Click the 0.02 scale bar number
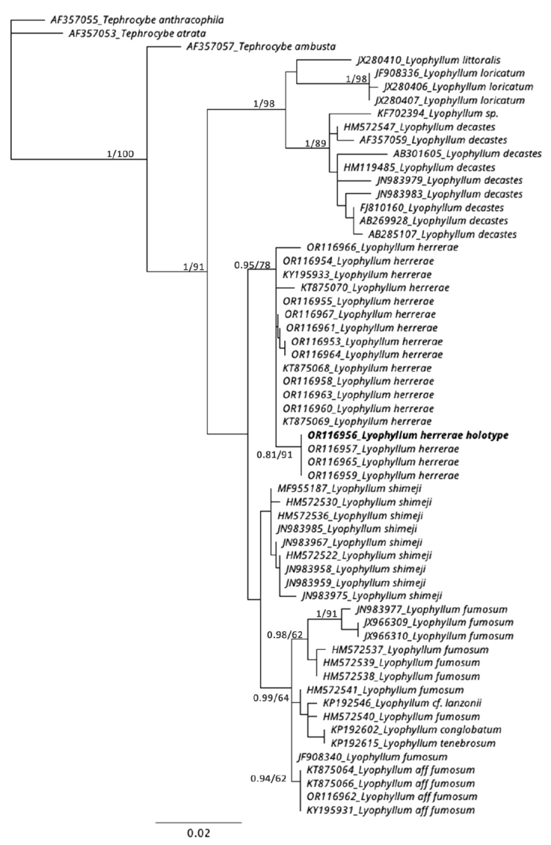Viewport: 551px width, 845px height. pyautogui.click(x=198, y=832)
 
